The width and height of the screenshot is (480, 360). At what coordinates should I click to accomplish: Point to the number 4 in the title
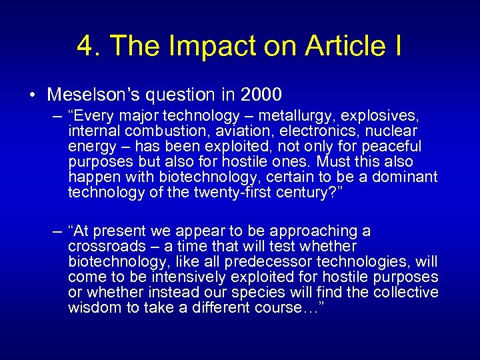click(85, 47)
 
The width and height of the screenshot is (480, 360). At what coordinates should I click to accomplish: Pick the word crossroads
click(104, 246)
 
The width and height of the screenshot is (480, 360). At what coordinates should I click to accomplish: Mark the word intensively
click(195, 277)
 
